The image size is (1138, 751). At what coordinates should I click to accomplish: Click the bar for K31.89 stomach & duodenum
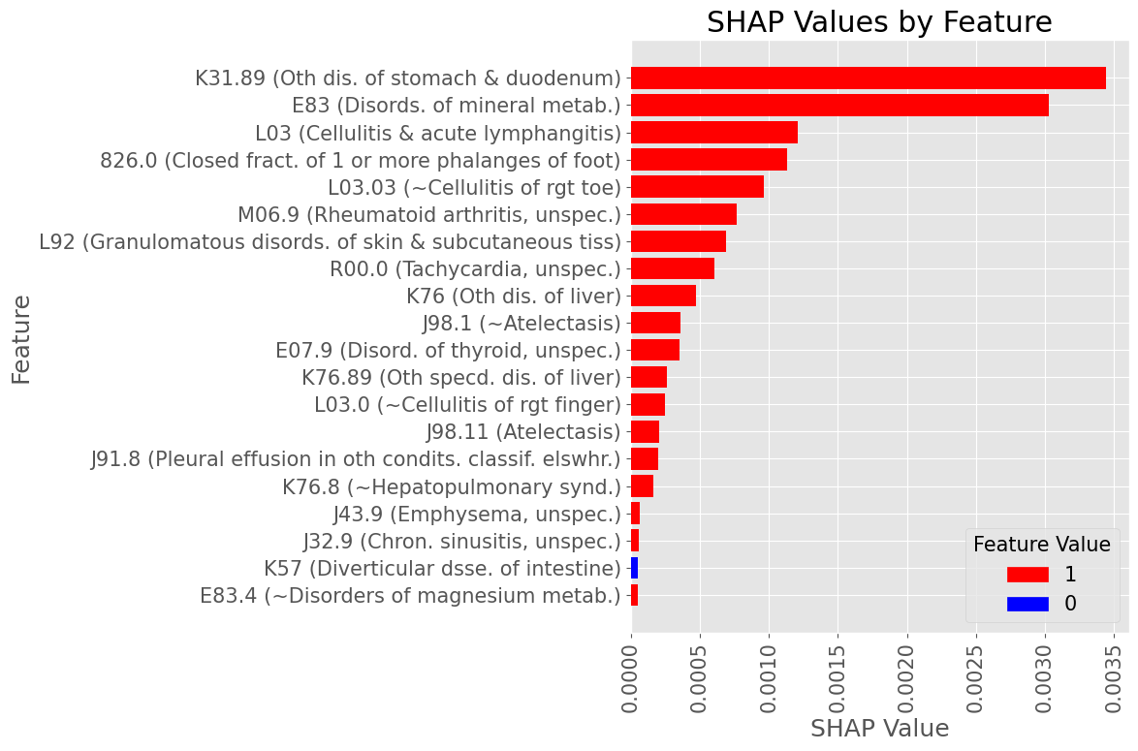tap(868, 78)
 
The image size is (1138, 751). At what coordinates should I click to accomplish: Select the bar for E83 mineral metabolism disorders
tap(839, 106)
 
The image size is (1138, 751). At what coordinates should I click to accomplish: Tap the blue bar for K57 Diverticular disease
tap(634, 568)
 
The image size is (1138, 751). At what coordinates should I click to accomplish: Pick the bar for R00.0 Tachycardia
tap(673, 268)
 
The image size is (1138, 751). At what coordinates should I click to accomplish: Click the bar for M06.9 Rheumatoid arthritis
tap(683, 214)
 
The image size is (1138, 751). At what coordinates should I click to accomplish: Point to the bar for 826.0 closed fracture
tap(709, 160)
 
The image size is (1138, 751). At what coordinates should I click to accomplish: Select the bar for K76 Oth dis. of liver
tap(663, 296)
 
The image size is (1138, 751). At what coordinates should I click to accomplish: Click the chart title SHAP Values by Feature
tap(878, 22)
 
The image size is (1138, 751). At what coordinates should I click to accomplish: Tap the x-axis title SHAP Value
tap(879, 728)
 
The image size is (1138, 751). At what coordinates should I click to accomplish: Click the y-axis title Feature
tap(21, 339)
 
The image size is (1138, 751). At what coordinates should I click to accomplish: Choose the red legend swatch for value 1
tap(1027, 575)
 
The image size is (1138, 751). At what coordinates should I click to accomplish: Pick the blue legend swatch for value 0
tap(1027, 604)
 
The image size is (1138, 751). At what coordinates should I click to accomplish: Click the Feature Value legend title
tap(1041, 545)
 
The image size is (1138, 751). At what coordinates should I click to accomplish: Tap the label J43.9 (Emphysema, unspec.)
tap(476, 514)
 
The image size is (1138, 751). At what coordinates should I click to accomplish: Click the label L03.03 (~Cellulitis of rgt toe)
tap(474, 187)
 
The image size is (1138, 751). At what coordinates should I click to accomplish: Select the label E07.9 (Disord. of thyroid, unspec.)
tap(448, 350)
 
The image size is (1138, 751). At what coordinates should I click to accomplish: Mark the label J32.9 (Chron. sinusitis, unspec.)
tap(461, 541)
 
